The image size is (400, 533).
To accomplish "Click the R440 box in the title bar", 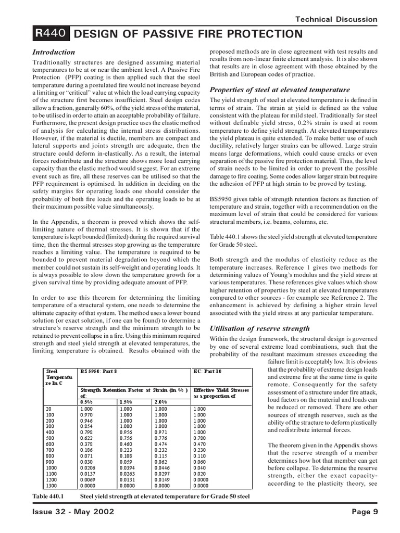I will (x=50, y=34).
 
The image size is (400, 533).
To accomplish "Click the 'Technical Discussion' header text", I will (x=336, y=19).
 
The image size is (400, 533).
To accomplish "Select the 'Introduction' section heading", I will (x=54, y=52).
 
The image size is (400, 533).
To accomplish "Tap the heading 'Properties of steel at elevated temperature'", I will (x=279, y=90).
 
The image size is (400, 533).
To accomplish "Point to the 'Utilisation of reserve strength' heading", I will (x=259, y=328).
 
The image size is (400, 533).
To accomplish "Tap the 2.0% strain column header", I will (x=161, y=402).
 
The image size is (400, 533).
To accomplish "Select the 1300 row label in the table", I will (x=52, y=485).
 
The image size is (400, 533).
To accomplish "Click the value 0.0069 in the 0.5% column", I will (x=88, y=479).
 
